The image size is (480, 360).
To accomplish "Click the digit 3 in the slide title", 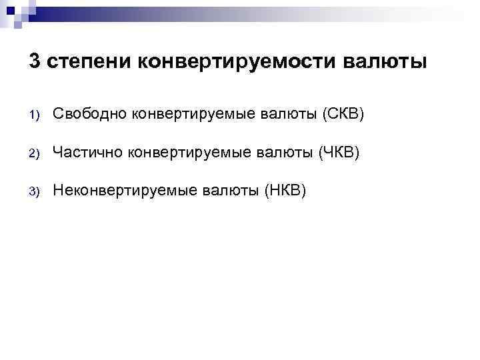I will [35, 61].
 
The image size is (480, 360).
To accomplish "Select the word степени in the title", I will [89, 61].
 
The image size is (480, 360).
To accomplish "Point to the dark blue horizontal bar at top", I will [133, 14].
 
